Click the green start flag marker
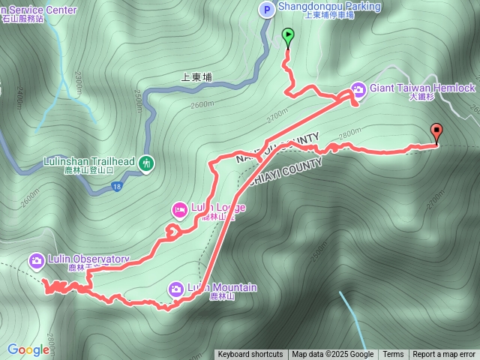coord(288,35)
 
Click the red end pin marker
coord(436,132)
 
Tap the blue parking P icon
coord(266,9)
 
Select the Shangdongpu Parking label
coord(330,7)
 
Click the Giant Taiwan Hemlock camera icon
coord(358,89)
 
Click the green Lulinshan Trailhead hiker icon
coord(146,162)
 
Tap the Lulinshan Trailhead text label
coord(88,161)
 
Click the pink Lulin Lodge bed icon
coord(178,208)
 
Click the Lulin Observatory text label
coord(88,259)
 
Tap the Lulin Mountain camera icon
coord(175,289)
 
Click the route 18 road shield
coord(117,185)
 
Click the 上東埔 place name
coord(197,76)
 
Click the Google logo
coord(28,349)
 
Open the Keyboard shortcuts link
coord(250,355)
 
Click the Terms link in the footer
coord(393,355)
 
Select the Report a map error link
coord(444,355)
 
